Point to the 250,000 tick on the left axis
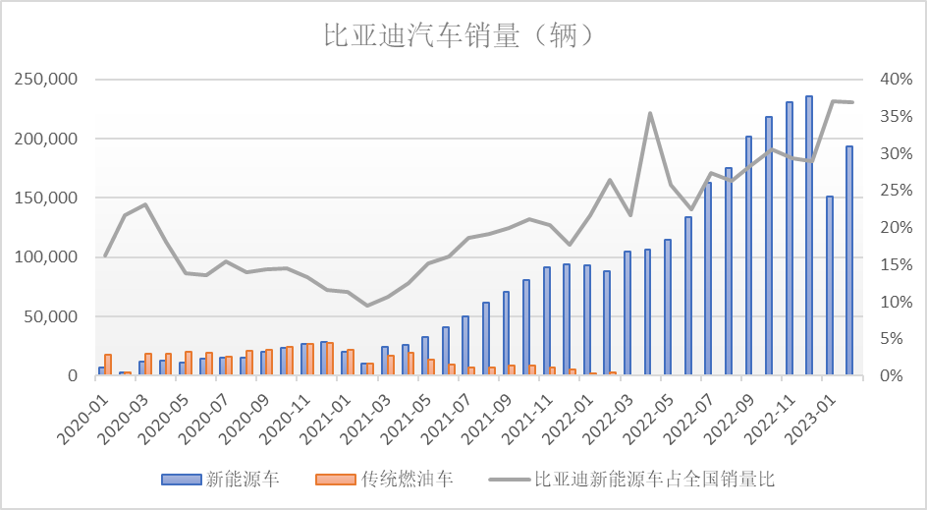[46, 80]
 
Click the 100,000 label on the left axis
[46, 257]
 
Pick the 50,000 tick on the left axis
[51, 316]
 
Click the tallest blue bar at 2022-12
[809, 236]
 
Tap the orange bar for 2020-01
[108, 365]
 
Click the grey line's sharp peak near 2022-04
[649, 113]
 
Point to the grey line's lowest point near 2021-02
[367, 306]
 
